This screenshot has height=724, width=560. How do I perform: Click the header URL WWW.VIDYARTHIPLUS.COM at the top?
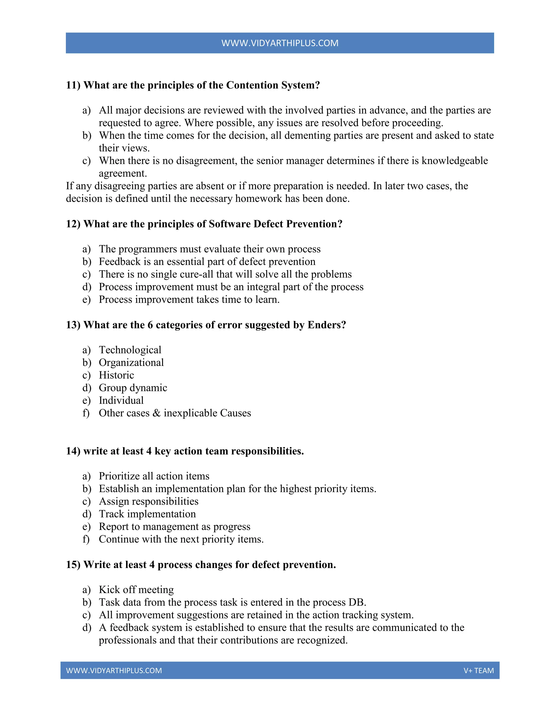click(280, 43)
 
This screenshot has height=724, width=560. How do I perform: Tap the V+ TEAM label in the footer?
click(479, 671)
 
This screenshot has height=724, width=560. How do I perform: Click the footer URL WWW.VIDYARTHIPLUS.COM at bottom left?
click(114, 671)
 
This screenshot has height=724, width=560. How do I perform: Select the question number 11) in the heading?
click(73, 85)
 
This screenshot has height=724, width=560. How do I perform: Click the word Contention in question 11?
click(252, 85)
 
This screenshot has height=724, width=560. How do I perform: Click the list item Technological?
click(130, 350)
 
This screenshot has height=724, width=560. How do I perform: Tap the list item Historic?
click(116, 375)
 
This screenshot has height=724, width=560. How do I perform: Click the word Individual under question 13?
click(121, 401)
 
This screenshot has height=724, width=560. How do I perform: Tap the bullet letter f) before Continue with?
click(86, 539)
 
